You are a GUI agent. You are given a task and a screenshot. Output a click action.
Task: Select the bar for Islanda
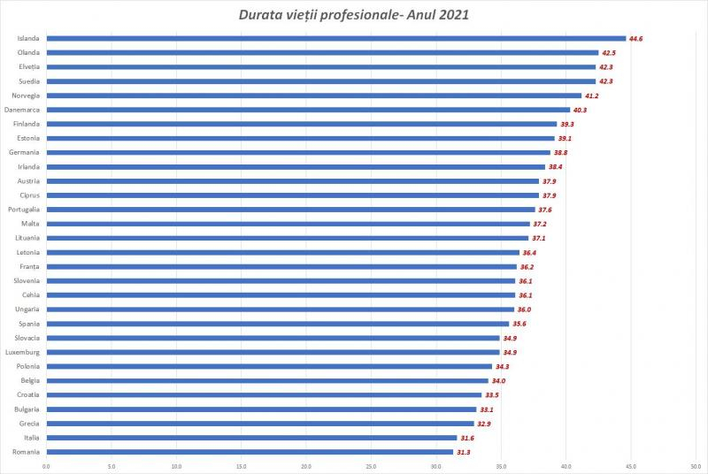[x=335, y=39]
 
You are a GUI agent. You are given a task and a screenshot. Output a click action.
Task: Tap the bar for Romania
[x=250, y=452]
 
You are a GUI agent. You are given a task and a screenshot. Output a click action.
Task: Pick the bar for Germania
[x=298, y=153]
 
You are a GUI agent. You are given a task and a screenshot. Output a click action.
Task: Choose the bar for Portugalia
[x=290, y=210]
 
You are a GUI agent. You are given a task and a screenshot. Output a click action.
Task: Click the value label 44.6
[x=635, y=39]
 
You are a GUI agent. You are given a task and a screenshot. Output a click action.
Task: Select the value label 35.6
[x=519, y=324]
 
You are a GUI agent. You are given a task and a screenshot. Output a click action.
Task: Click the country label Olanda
[x=27, y=53]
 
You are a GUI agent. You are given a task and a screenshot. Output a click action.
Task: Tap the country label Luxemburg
[x=22, y=352]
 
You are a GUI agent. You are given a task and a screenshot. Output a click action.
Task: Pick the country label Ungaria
[x=26, y=310]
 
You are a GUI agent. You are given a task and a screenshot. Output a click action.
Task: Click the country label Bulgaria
[x=25, y=409]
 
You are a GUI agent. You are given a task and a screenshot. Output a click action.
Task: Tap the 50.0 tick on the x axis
[x=696, y=466]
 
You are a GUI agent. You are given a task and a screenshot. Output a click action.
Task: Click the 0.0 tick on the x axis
[x=46, y=466]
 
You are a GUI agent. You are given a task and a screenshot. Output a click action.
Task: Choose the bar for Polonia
[x=269, y=366]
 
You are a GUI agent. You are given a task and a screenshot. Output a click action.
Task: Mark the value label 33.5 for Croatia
[x=491, y=395]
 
